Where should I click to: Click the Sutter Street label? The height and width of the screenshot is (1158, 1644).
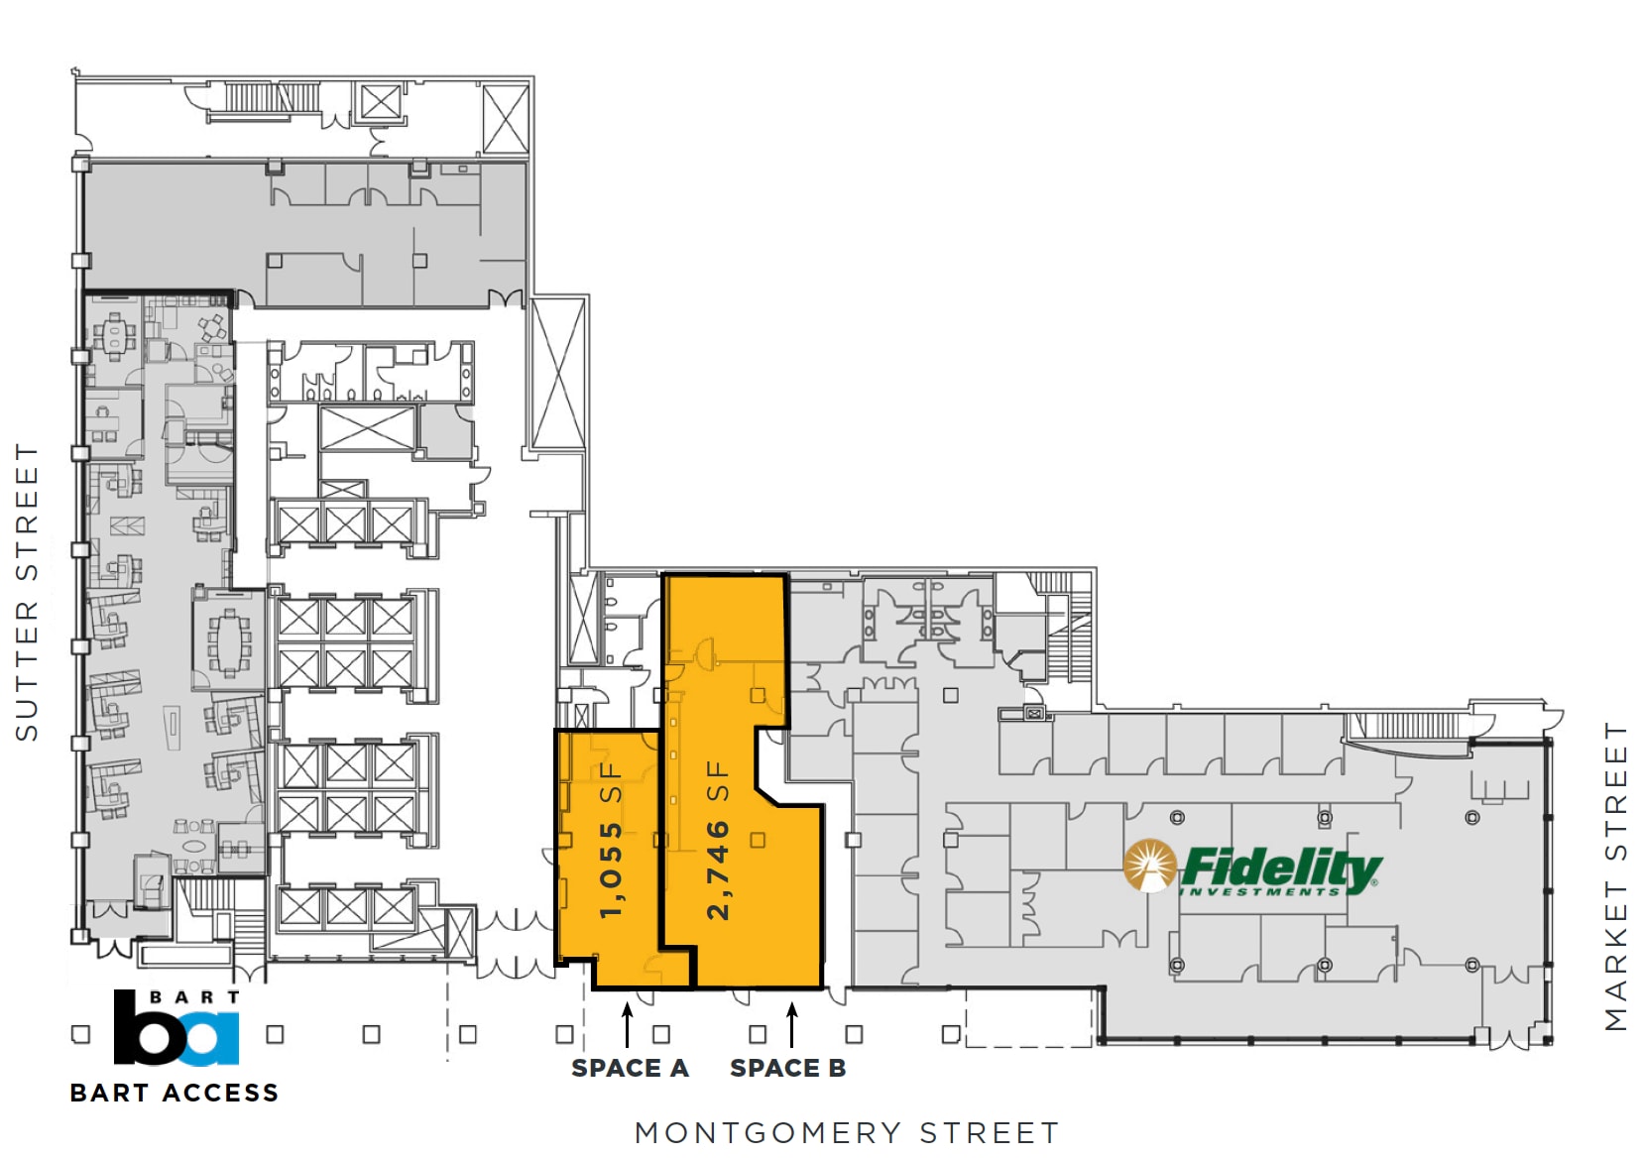click(x=27, y=592)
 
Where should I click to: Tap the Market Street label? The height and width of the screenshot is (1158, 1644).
click(x=1616, y=876)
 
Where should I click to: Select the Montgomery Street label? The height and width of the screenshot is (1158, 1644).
click(x=847, y=1132)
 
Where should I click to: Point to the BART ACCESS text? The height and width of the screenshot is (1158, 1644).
click(x=175, y=1093)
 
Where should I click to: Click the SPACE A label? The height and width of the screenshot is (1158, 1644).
click(x=630, y=1068)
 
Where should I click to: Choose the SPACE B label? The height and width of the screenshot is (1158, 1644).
click(x=788, y=1068)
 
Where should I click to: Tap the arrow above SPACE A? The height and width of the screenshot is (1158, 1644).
click(x=627, y=1025)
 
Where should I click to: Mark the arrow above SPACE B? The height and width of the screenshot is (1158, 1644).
click(x=791, y=1025)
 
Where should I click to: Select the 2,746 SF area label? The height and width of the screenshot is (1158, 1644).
click(x=717, y=840)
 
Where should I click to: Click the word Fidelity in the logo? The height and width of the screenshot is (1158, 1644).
click(x=1281, y=867)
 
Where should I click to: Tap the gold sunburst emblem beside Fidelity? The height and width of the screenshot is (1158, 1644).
click(x=1149, y=866)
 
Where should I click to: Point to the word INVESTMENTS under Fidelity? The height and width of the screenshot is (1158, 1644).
click(x=1259, y=892)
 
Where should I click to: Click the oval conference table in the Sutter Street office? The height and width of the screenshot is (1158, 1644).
click(x=229, y=642)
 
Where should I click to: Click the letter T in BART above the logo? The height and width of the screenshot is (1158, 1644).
click(x=233, y=996)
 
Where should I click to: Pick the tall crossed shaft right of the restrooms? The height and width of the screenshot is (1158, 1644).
click(x=558, y=374)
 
